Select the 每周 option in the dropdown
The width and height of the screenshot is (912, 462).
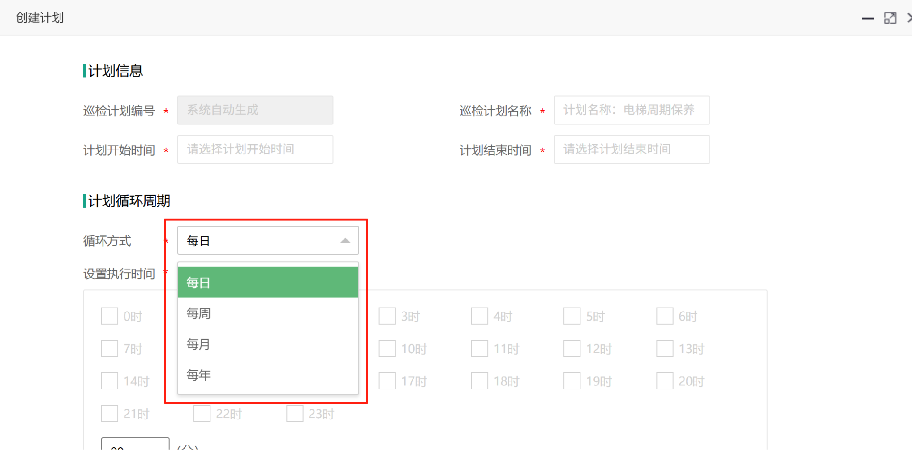268,314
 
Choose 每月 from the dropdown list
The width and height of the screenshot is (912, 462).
268,345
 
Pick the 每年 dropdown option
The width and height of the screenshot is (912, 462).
268,375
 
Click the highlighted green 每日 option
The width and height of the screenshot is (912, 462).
268,283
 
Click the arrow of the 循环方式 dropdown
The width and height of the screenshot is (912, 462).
345,241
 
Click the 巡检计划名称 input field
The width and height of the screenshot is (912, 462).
631,110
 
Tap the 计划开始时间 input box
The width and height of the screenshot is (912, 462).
255,150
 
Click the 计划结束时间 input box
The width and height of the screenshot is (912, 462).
631,150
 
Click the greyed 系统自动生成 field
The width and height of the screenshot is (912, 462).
255,110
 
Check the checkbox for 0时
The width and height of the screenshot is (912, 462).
110,316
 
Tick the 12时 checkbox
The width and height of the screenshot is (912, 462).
572,348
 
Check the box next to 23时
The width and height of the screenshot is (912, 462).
295,414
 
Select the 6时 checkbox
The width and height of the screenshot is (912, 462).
665,316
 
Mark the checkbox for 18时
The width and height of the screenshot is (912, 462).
480,381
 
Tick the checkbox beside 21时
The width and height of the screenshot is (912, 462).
110,414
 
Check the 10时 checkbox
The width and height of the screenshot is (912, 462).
387,348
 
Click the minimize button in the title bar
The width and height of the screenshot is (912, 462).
868,19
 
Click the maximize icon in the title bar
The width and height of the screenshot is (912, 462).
890,18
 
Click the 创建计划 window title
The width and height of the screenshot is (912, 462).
40,18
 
